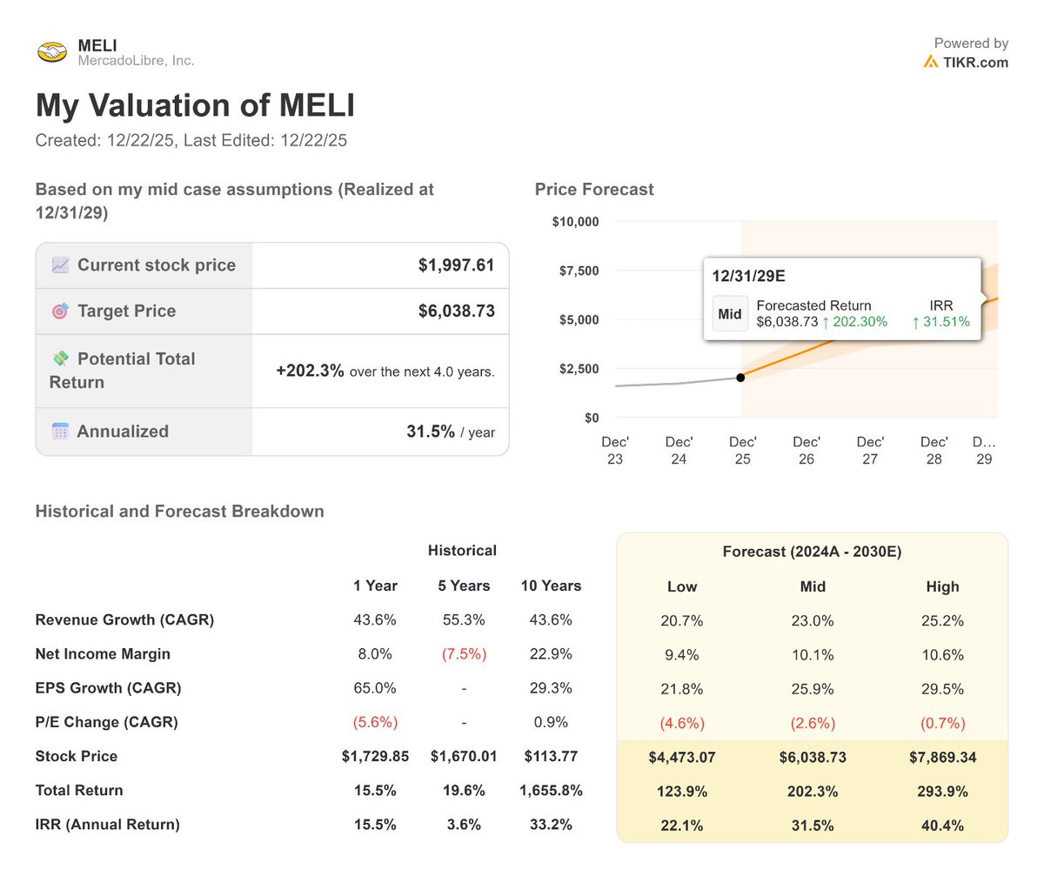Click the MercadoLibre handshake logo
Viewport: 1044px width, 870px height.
[x=52, y=52]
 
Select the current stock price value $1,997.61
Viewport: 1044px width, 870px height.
[x=456, y=265]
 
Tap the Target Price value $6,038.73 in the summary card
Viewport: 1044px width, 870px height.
[x=456, y=311]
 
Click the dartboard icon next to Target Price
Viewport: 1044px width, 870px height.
[x=60, y=311]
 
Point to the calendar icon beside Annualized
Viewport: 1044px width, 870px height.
[x=60, y=432]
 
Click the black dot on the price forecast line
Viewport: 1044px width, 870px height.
[x=740, y=377]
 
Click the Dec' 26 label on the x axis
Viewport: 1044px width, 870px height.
[x=806, y=450]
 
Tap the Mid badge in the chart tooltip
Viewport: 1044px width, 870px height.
[x=730, y=314]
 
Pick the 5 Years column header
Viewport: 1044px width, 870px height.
[x=464, y=586]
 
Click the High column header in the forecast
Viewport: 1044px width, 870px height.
[x=942, y=586]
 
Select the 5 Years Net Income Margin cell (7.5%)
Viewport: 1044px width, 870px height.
[x=464, y=654]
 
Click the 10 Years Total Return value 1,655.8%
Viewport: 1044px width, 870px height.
[x=550, y=791]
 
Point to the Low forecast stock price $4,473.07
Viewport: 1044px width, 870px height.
[x=682, y=757]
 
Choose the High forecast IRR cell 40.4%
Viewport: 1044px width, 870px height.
[x=942, y=825]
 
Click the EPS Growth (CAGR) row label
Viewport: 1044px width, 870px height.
[x=108, y=688]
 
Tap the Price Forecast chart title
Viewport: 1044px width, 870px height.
[x=594, y=190]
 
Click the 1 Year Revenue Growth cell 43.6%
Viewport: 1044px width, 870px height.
[x=375, y=620]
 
